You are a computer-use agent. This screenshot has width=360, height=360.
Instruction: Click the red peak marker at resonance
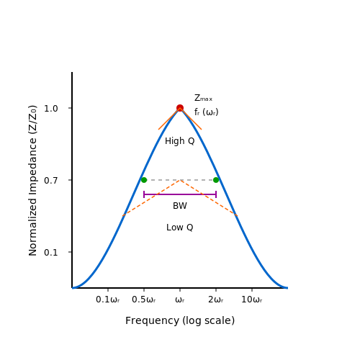180,108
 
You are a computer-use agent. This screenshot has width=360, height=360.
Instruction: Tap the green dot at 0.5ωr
144,180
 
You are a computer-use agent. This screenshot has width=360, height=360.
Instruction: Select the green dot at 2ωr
216,180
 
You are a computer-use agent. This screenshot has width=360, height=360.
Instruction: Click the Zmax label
203,98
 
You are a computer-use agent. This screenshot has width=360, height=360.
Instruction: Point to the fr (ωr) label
207,112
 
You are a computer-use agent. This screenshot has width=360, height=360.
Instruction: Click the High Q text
180,141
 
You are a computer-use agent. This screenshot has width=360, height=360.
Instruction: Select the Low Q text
180,228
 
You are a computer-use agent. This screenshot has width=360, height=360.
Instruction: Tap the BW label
180,206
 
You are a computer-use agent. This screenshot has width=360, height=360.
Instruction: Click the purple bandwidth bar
180,194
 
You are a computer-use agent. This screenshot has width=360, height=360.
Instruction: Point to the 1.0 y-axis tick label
51,109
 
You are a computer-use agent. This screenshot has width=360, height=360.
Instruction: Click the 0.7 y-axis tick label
51,181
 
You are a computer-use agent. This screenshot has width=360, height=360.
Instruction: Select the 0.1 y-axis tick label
51,253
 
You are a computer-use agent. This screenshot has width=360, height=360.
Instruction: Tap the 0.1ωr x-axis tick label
108,300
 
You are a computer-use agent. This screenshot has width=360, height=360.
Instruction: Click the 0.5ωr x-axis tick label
144,300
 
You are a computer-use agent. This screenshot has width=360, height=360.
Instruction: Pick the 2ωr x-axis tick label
216,300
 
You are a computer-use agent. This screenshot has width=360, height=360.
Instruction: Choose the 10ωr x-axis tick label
252,300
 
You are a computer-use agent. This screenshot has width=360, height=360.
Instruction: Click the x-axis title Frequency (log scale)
180,320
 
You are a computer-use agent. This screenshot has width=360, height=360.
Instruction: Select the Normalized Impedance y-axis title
33,181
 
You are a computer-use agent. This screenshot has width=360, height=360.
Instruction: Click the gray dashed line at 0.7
180,180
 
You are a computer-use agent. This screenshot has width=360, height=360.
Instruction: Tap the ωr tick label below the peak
180,300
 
